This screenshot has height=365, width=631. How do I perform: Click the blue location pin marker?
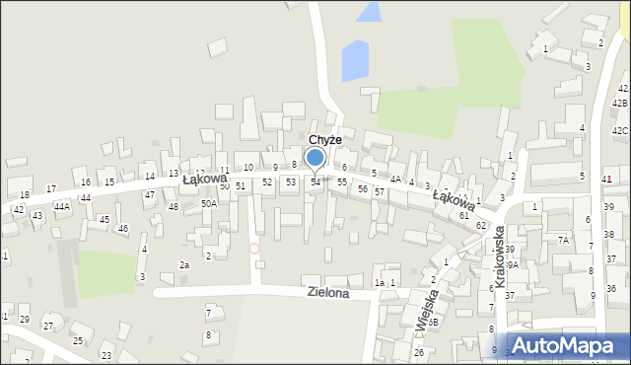pos(315,158)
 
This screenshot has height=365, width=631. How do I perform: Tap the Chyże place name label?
pos(324,140)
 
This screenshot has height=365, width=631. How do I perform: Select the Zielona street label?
pos(328,293)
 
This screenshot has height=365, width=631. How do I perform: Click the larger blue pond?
pos(355,61)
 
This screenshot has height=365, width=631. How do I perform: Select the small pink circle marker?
pos(254,248)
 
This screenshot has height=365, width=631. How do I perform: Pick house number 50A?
pos(208,203)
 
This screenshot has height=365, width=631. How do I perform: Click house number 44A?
pos(62,207)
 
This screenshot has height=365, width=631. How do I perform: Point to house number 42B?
pos(619,103)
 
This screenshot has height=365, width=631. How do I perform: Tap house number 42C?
pos(619,130)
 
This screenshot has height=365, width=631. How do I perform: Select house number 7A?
pos(563,240)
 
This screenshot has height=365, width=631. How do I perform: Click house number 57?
pos(379,191)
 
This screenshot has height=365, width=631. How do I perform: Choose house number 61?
pos(463,214)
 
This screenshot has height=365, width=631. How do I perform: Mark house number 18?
pos(25,194)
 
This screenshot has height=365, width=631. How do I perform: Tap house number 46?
pos(123,228)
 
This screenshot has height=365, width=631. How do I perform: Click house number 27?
pos(47,326)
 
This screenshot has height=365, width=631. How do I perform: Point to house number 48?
pos(174,206)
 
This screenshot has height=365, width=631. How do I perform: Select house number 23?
pos(105,354)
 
